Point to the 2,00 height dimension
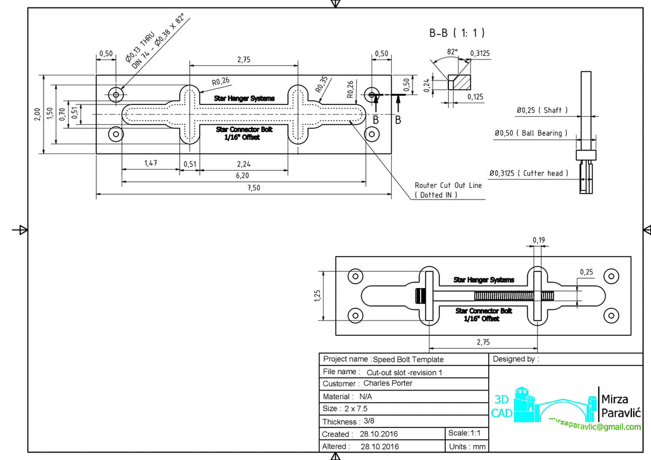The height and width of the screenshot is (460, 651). [37, 114]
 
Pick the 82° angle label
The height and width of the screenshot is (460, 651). [452, 53]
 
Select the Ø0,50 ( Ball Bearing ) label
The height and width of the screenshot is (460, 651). [531, 133]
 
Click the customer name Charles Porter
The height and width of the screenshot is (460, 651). [388, 383]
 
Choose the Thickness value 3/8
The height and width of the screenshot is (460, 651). [368, 421]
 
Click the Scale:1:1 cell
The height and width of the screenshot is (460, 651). [467, 434]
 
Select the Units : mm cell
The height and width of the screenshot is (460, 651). [467, 446]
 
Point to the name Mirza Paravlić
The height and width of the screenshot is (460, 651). [620, 405]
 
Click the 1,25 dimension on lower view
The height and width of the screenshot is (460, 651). [317, 295]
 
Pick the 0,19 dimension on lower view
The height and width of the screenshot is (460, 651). [539, 240]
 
